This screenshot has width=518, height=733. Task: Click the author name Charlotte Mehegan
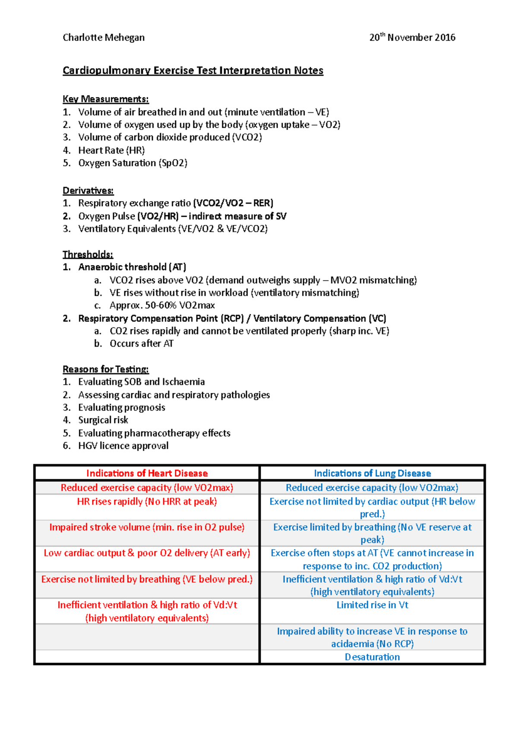pyautogui.click(x=104, y=38)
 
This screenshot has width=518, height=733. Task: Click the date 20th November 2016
pyautogui.click(x=412, y=38)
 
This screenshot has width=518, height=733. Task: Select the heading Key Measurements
pyautogui.click(x=105, y=99)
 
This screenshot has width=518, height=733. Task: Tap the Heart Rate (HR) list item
pyautogui.click(x=111, y=150)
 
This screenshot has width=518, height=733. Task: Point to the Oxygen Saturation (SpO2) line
pyautogui.click(x=133, y=163)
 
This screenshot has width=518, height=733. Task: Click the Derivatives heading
pyautogui.click(x=88, y=190)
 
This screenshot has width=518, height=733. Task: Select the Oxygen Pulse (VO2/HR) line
pyautogui.click(x=182, y=216)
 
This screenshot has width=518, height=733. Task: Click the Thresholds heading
pyautogui.click(x=88, y=254)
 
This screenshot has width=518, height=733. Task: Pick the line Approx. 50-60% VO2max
pyautogui.click(x=162, y=305)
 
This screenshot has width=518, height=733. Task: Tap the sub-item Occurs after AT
pyautogui.click(x=141, y=344)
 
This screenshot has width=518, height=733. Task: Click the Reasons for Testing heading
pyautogui.click(x=105, y=369)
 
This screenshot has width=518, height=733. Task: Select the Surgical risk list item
pyautogui.click(x=103, y=420)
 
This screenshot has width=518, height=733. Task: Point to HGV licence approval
pyautogui.click(x=123, y=445)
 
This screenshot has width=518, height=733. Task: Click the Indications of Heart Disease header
pyautogui.click(x=147, y=473)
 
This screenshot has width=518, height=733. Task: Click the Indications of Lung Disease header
pyautogui.click(x=372, y=473)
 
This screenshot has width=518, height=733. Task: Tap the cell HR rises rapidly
pyautogui.click(x=147, y=502)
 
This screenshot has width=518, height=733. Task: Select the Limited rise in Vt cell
pyautogui.click(x=372, y=605)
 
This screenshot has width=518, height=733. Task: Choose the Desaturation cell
pyautogui.click(x=372, y=657)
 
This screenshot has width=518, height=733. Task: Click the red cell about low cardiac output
pyautogui.click(x=147, y=553)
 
